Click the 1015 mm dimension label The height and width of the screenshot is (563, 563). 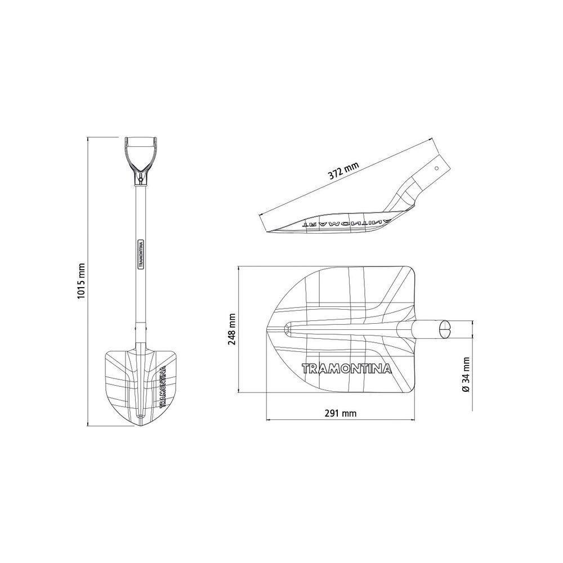coord(81,281)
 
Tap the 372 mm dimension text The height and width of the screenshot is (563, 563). coord(343,171)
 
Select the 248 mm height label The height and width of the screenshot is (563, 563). coord(232,329)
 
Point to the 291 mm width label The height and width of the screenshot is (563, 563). coord(341,413)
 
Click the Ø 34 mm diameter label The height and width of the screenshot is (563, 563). coord(466,374)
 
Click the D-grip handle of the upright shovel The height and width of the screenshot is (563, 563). coord(140,154)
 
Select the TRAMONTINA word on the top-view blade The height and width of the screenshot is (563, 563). coord(346,369)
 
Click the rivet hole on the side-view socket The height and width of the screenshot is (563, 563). coord(437,168)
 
